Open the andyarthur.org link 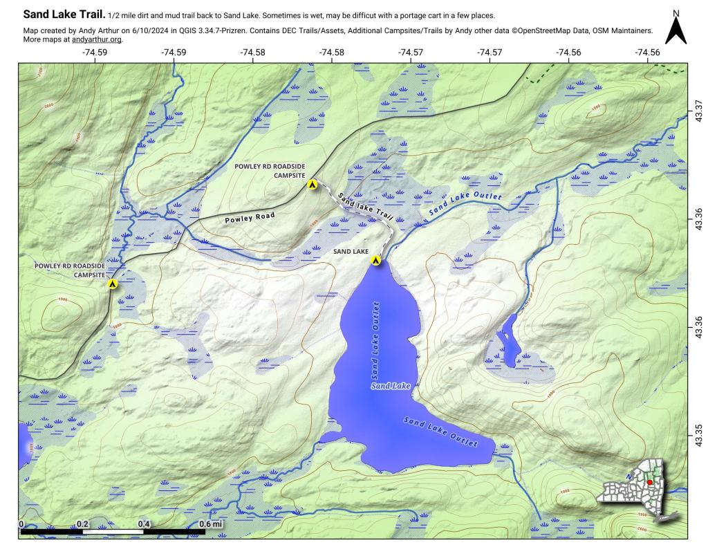(x=97, y=39)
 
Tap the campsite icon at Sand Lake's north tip (x=375, y=261)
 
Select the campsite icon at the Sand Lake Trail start (x=313, y=185)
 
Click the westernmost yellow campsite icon (x=112, y=284)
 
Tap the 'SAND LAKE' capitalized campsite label (x=351, y=251)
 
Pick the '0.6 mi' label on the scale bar (x=211, y=524)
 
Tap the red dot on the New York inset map (x=649, y=482)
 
